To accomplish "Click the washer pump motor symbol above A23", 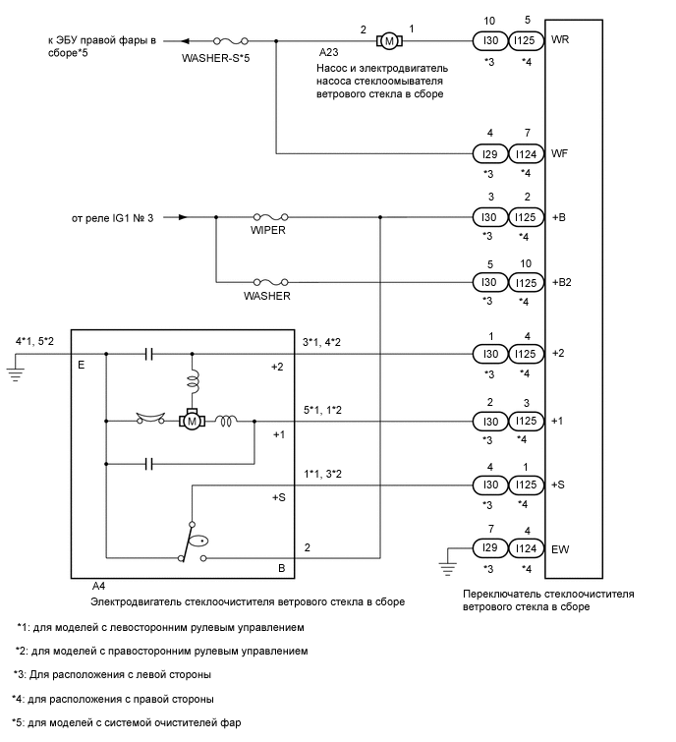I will click(x=388, y=41).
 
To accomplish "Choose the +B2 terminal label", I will click(x=562, y=280).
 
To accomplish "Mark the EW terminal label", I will click(x=561, y=549).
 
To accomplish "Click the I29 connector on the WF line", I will click(x=487, y=153).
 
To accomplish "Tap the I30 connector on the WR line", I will click(x=487, y=41).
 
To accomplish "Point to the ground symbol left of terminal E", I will click(x=16, y=371).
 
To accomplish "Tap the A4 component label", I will click(x=98, y=586).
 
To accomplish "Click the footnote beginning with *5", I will click(x=128, y=722).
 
